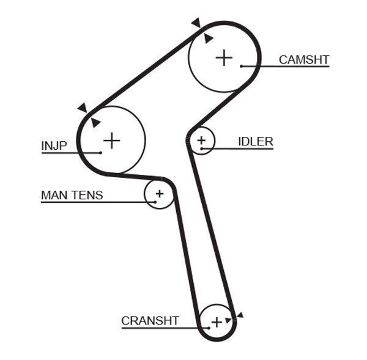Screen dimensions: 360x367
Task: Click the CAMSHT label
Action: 303,59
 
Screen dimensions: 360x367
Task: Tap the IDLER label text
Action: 255,142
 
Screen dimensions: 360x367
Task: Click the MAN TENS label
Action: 72,196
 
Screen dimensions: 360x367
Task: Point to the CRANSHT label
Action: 150,320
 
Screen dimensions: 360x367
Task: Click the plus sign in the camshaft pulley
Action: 224,57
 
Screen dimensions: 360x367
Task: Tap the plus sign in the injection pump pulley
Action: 111,141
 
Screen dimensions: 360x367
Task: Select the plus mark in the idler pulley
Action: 202,142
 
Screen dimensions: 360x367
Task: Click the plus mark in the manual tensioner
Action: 159,194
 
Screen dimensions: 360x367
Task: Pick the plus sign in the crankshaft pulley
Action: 216,321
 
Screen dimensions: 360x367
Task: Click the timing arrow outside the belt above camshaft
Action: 196,23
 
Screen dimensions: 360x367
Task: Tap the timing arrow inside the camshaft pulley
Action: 208,39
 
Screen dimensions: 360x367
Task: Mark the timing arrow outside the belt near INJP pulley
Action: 82,108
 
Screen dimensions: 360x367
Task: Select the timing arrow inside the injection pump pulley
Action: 95,123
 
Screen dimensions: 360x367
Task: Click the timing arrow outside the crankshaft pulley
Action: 240,315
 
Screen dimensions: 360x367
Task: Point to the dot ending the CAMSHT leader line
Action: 242,65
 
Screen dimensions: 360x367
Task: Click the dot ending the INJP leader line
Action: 99,152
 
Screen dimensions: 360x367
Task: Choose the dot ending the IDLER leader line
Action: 202,149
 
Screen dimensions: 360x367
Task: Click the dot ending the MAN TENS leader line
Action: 156,202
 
